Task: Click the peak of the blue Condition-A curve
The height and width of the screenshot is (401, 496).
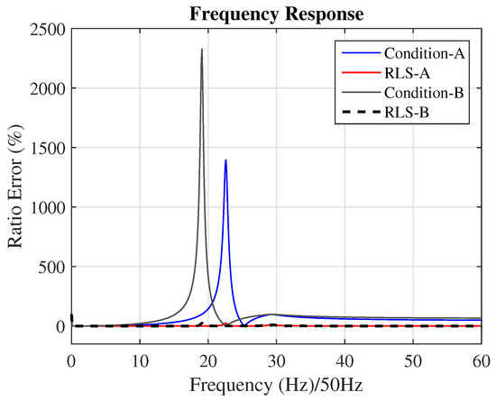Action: pos(225,160)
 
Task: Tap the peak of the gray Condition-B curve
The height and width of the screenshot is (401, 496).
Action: pos(202,50)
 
